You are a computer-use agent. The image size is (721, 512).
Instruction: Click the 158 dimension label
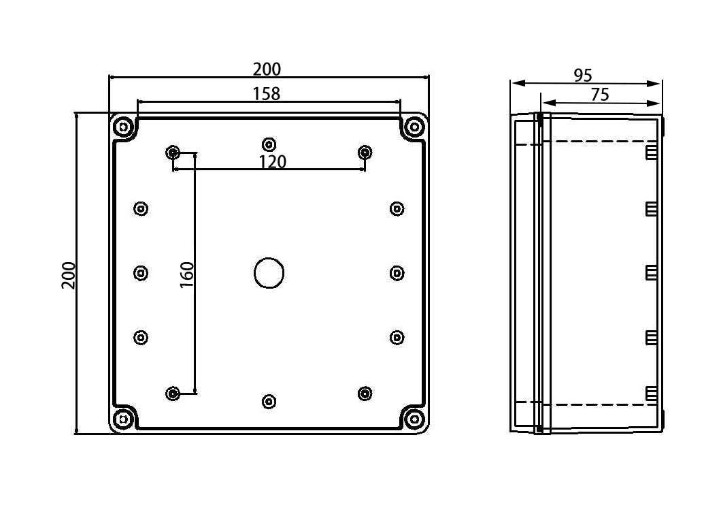coord(267,94)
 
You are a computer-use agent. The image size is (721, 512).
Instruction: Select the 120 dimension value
coord(272,162)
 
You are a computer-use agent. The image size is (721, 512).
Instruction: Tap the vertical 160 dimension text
coord(187,274)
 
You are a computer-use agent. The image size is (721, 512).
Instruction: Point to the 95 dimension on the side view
coord(583,75)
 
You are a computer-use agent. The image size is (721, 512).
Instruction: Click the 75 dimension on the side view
coord(600,95)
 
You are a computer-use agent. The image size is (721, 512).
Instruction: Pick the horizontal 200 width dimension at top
coord(267,69)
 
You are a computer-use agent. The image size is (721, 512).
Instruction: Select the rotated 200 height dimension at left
coord(69,275)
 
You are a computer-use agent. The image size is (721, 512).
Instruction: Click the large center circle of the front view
coord(269,272)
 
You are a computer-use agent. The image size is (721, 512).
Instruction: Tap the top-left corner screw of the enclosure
coord(123,127)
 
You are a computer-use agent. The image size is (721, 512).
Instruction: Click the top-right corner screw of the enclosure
coord(414,127)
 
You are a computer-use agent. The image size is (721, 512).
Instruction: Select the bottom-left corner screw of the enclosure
coord(123,419)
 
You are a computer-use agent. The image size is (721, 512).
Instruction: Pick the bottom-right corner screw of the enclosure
coord(414,419)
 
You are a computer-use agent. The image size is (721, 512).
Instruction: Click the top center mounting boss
coord(269,144)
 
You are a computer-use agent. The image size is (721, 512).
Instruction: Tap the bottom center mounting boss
coord(269,402)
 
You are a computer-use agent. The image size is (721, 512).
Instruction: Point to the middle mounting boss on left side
coord(141,273)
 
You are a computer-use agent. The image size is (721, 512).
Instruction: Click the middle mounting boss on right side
coord(397,273)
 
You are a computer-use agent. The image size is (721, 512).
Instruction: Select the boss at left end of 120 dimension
coord(173,153)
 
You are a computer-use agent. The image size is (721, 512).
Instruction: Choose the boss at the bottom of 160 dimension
coord(173,394)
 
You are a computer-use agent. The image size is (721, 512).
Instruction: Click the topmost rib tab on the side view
coord(651,151)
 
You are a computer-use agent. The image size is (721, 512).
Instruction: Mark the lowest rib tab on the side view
coord(651,394)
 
